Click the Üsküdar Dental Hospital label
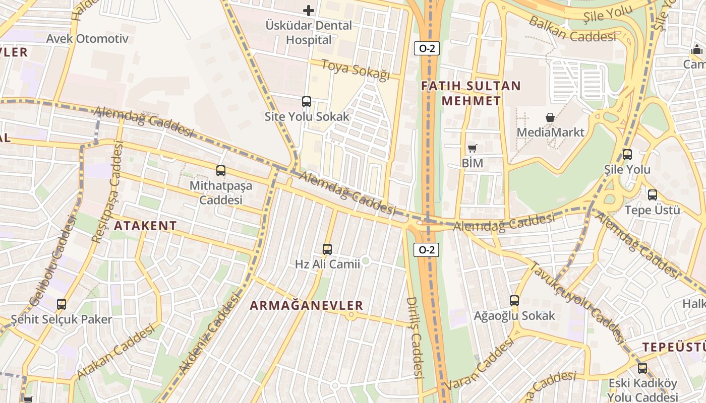point(309,33)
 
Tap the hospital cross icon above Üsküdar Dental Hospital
point(309,10)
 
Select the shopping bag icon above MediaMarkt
point(550,117)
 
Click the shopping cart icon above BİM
point(472,148)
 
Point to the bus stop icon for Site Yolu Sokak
point(307,102)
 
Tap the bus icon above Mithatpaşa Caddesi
point(221,171)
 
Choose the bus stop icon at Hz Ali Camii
point(327,249)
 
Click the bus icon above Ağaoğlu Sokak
point(514,301)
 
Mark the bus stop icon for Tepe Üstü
point(653,195)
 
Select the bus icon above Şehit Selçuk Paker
point(62,304)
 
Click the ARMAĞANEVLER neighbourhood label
point(307,305)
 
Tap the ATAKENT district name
point(145,226)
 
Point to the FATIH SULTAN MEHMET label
point(471,93)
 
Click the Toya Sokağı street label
point(356,70)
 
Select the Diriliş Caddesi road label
point(414,337)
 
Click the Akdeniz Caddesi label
point(208,334)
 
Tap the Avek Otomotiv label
point(87,39)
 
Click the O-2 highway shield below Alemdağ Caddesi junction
point(427,249)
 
